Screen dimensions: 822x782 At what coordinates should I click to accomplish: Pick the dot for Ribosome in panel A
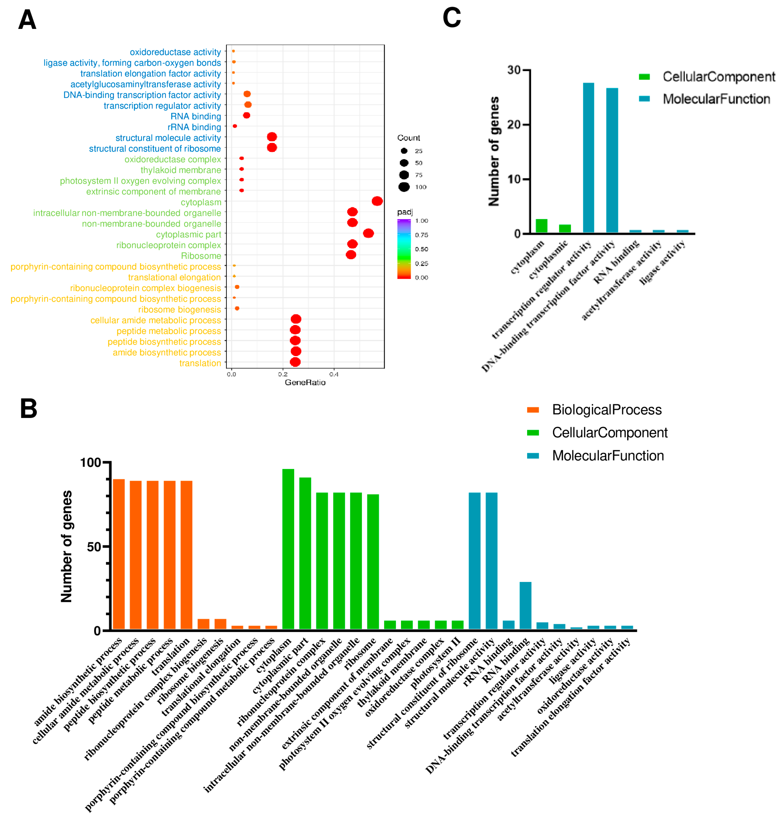[351, 254]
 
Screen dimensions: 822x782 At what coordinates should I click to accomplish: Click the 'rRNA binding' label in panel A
[194, 127]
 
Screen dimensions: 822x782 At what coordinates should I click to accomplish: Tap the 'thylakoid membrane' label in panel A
[181, 170]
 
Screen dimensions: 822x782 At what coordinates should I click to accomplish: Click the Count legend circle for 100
[404, 187]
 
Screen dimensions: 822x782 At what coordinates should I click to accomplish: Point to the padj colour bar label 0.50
[421, 249]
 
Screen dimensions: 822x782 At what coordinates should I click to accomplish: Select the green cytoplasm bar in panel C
[541, 226]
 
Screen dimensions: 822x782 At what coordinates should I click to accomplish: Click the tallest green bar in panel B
[288, 550]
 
